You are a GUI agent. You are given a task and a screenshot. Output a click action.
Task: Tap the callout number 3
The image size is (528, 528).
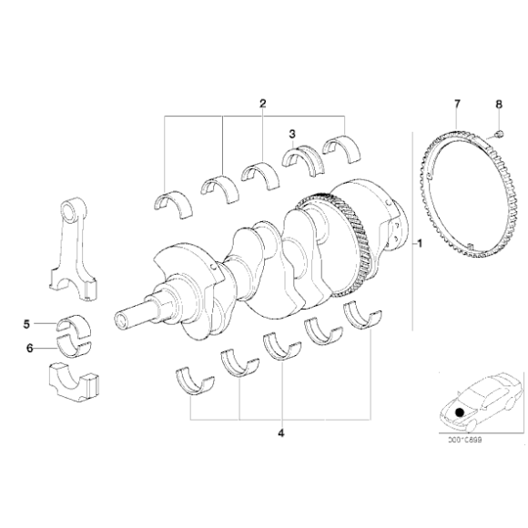coord(291,135)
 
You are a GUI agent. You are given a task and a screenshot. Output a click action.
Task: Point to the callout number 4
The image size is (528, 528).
coord(281,432)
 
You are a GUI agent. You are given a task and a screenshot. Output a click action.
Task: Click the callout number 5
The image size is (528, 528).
coord(29,323)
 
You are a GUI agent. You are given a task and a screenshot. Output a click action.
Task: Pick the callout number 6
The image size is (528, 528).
coord(29,347)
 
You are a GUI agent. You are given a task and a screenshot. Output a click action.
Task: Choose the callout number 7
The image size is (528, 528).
coord(457,104)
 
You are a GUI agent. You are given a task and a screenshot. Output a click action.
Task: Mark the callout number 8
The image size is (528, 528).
coord(499,105)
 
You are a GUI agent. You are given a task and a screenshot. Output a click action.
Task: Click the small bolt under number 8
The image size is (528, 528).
coord(499,134)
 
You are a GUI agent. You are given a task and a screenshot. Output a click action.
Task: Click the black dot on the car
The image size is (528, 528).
coord(461,411)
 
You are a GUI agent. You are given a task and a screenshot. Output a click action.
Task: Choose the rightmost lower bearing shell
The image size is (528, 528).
coord(360,315)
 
